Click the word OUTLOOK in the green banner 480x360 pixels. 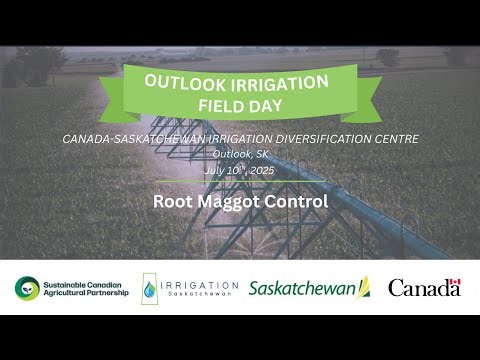(180, 83)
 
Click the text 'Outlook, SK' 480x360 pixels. (239, 154)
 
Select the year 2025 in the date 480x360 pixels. (262, 170)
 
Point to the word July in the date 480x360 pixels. (215, 170)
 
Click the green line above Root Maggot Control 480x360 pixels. (240, 183)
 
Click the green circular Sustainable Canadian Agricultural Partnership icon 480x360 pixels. (27, 288)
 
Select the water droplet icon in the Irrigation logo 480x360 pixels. (151, 288)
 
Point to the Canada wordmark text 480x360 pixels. (424, 289)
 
